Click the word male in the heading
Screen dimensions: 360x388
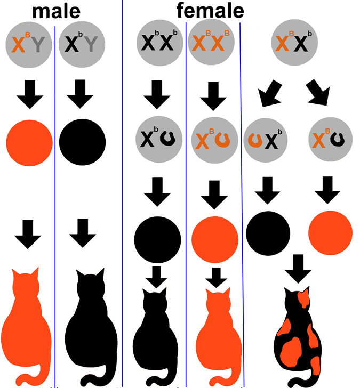(x=56, y=11)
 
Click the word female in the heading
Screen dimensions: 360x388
(x=210, y=11)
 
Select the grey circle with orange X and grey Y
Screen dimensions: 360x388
(x=29, y=45)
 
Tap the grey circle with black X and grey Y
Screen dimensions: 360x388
(x=82, y=45)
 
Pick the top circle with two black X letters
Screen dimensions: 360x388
(x=159, y=43)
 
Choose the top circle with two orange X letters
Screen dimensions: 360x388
(x=211, y=42)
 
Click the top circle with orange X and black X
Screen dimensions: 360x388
(x=294, y=43)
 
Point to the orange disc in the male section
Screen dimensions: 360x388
(x=29, y=143)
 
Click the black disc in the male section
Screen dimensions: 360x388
(x=83, y=142)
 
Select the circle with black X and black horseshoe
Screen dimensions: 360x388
(x=159, y=140)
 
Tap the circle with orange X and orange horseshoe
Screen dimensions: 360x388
(x=214, y=140)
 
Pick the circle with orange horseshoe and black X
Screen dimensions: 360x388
(x=266, y=140)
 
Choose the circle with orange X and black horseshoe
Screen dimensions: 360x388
(x=330, y=140)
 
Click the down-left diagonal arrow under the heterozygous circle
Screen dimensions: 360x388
(x=270, y=94)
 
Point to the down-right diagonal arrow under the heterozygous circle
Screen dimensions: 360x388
(x=318, y=93)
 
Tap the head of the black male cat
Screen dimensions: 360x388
(x=91, y=285)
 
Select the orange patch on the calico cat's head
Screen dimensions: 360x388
(x=303, y=298)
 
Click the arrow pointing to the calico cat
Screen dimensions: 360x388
(x=298, y=269)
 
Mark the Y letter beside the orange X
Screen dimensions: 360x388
(x=38, y=45)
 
